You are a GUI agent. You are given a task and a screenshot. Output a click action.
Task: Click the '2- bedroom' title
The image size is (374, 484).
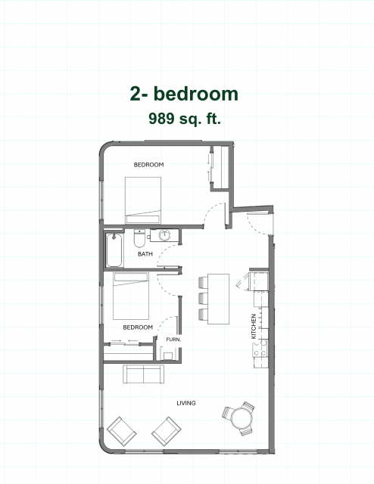[184, 94]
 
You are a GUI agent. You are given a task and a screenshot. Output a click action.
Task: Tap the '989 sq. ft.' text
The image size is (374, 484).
[185, 118]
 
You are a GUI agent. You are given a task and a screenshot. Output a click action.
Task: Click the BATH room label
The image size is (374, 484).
[145, 254]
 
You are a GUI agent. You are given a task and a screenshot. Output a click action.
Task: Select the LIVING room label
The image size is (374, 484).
[186, 403]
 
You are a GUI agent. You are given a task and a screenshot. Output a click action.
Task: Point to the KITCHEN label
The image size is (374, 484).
[254, 326]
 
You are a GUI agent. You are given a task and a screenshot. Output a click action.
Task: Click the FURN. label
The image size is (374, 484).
[173, 340]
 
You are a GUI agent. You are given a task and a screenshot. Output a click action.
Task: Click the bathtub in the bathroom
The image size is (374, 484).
[114, 250]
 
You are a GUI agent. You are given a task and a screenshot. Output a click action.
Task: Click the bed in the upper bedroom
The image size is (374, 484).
[143, 200]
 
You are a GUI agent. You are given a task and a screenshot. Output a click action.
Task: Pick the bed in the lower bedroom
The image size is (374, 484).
[131, 296]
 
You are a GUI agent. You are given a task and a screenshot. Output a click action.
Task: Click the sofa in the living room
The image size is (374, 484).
[143, 374]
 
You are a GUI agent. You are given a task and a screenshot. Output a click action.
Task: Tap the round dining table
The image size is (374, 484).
[242, 418]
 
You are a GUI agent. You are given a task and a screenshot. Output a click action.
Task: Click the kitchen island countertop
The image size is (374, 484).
[219, 299]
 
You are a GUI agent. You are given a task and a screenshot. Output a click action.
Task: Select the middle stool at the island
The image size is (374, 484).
[203, 299]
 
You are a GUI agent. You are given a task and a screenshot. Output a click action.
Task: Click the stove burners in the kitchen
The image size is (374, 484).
[260, 348]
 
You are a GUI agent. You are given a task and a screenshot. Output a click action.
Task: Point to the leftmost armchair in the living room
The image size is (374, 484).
[121, 431]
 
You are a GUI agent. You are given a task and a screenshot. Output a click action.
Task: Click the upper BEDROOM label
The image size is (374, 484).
[148, 165]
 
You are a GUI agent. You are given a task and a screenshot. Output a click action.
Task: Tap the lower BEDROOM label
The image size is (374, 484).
[138, 327]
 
